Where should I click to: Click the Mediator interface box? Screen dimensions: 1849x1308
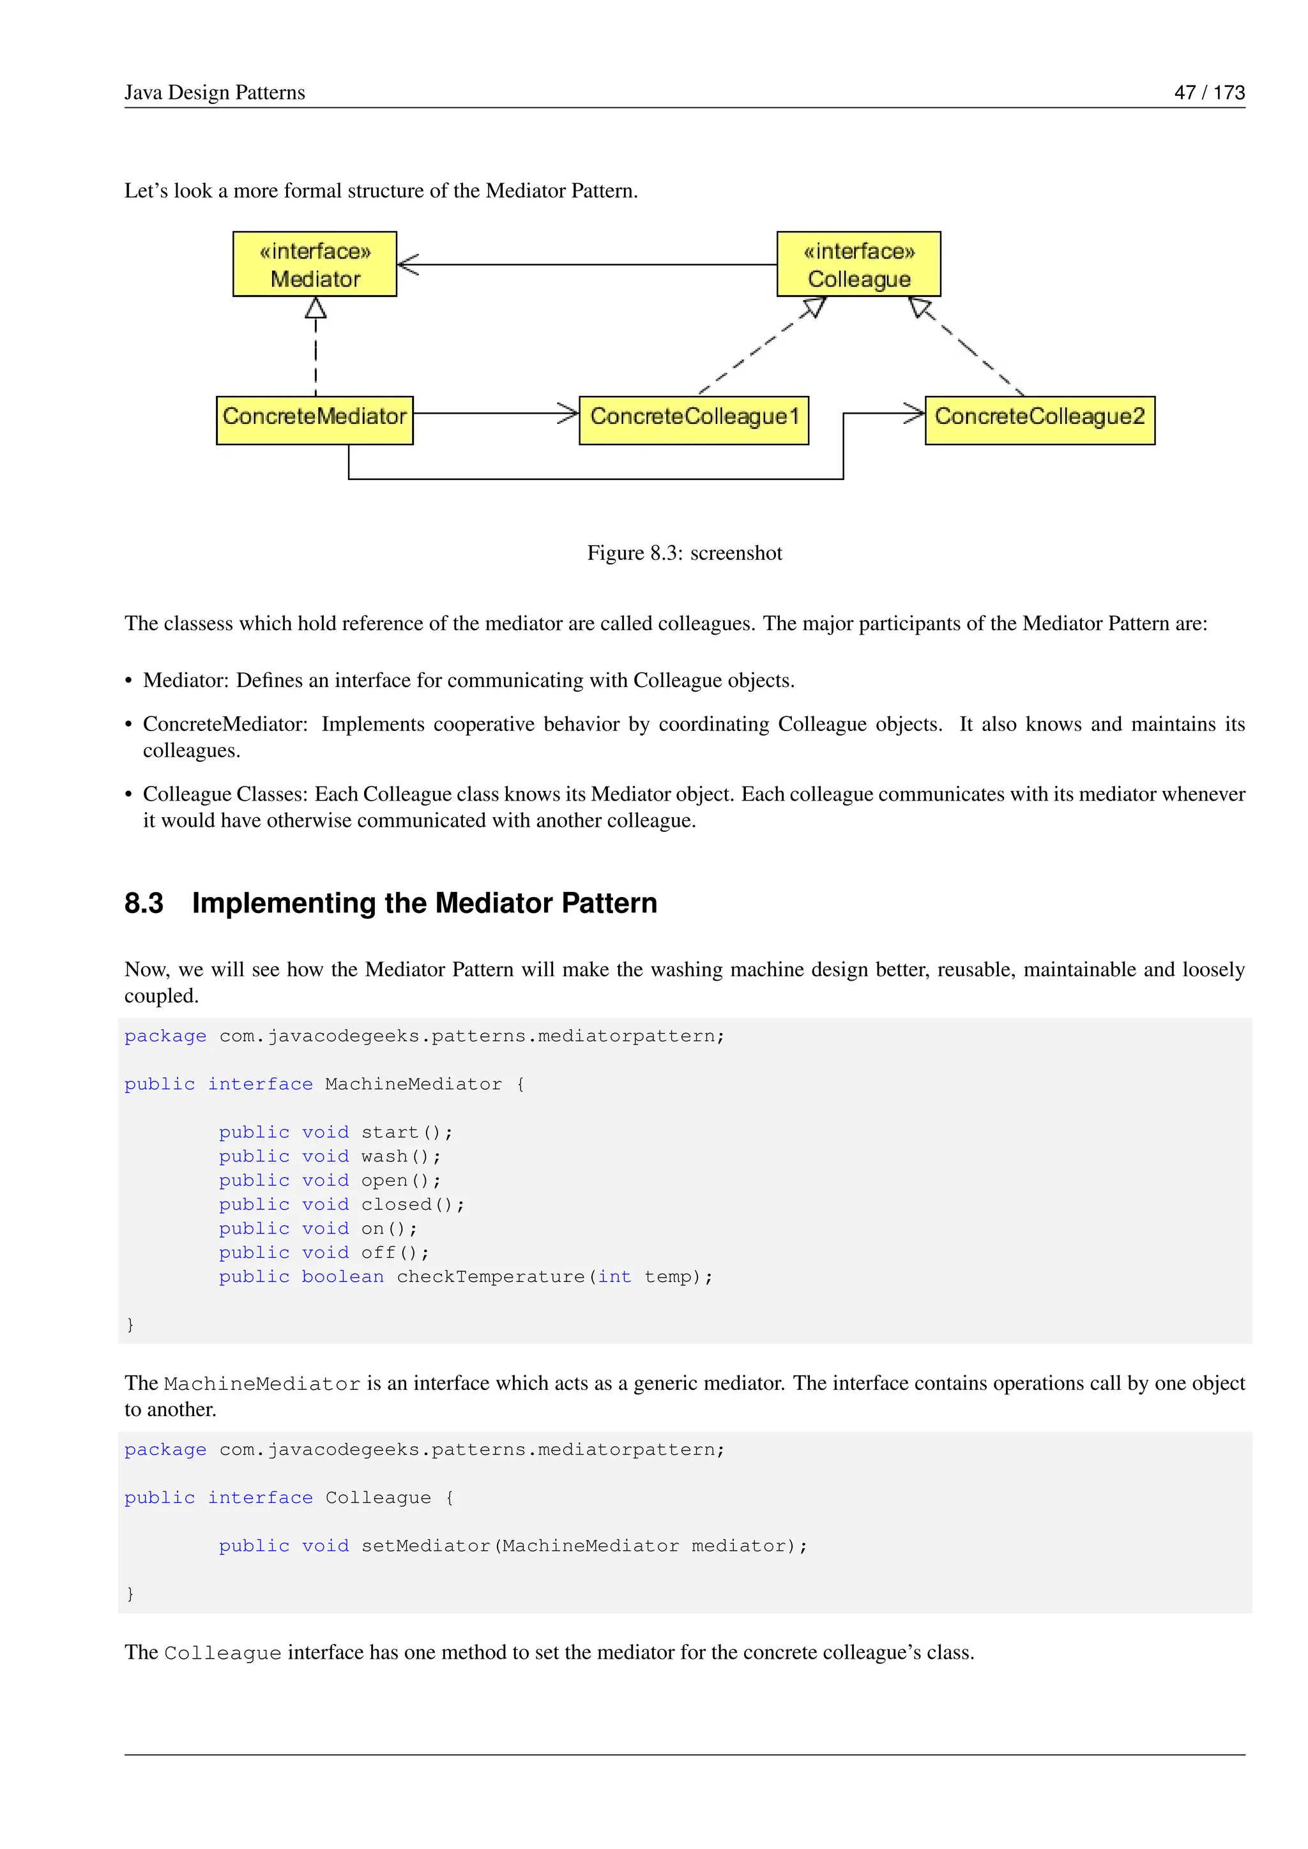click(314, 264)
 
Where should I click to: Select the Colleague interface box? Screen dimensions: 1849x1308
click(858, 264)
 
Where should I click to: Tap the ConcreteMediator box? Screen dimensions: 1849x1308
click(314, 419)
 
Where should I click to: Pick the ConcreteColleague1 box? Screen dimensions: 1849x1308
click(694, 419)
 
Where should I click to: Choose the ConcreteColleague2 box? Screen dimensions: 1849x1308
click(1039, 419)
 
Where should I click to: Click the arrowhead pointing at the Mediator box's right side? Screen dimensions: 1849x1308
click(407, 264)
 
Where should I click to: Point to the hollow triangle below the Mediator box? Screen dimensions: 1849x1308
click(316, 308)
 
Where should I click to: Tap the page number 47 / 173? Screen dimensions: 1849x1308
click(1209, 93)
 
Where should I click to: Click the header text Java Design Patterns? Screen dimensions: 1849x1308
click(214, 93)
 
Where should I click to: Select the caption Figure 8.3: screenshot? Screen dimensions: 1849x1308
click(684, 554)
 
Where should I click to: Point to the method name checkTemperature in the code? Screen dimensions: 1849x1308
click(490, 1276)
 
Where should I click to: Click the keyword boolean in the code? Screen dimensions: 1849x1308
click(342, 1276)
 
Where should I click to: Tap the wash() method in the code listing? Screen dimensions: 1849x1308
click(400, 1156)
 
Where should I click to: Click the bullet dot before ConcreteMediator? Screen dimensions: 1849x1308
click(129, 725)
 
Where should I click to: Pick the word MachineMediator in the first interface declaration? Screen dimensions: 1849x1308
click(413, 1084)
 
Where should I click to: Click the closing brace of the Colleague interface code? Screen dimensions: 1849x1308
click(130, 1594)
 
